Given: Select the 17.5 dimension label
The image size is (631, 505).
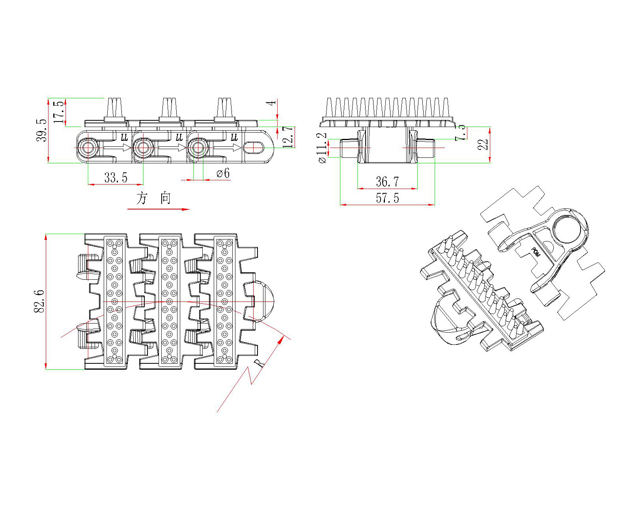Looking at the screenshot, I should pos(58,112).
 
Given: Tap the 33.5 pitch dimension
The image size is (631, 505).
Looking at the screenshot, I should pos(116,178).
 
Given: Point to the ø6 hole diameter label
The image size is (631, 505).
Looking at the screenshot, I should pos(223,174).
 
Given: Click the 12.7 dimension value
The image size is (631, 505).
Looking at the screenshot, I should pos(289,137).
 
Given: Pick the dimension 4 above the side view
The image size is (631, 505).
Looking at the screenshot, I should pos(271,103).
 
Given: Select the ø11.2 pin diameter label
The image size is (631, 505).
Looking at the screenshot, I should pos(322,148).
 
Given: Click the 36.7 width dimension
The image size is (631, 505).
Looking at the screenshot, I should pos(387,182).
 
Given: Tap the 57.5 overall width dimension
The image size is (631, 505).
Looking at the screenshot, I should pos(387,198).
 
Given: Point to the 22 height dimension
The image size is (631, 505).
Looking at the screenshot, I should pos(483,144).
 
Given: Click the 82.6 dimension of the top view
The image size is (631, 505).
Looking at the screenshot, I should pos(39,301).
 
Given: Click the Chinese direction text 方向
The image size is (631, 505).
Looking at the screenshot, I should pos(154,198).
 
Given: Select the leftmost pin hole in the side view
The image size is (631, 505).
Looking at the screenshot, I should pos(88,148).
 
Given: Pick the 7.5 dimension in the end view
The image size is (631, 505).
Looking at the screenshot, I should pos(460,133).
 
